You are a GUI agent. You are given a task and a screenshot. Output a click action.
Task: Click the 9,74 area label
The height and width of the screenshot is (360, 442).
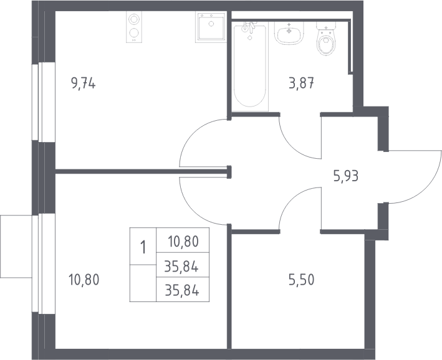coord(84,83)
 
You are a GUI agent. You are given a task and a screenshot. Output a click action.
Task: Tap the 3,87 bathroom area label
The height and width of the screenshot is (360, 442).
coord(301,83)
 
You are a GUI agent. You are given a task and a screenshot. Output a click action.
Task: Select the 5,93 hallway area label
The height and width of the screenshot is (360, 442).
coord(346,177)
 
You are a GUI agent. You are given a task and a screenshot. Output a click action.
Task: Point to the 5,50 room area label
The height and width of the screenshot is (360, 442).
coord(301,280)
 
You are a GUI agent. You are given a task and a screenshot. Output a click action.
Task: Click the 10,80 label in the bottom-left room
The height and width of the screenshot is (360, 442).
coord(84,280)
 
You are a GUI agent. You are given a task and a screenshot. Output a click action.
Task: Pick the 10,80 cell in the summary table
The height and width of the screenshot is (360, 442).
coord(183,242)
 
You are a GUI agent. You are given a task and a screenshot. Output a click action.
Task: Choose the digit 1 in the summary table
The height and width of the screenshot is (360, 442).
coord(143,247)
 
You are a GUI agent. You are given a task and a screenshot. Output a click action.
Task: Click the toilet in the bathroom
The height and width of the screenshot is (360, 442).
coord(326,39)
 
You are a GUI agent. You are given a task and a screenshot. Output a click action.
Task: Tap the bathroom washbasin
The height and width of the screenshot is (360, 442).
coord(289,33)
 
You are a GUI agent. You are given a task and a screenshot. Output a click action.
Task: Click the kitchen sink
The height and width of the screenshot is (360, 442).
coord(211,27)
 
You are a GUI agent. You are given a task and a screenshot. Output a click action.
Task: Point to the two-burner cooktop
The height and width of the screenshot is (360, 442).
coord(134,27)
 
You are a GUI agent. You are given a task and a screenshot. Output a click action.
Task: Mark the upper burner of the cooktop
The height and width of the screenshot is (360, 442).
coord(134,19)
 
